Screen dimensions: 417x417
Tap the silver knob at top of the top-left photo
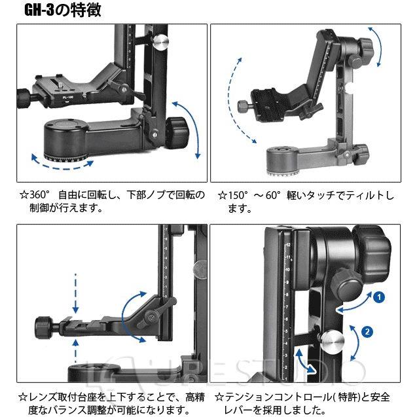tap(160, 41)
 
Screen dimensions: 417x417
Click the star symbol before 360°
tap(24, 195)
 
